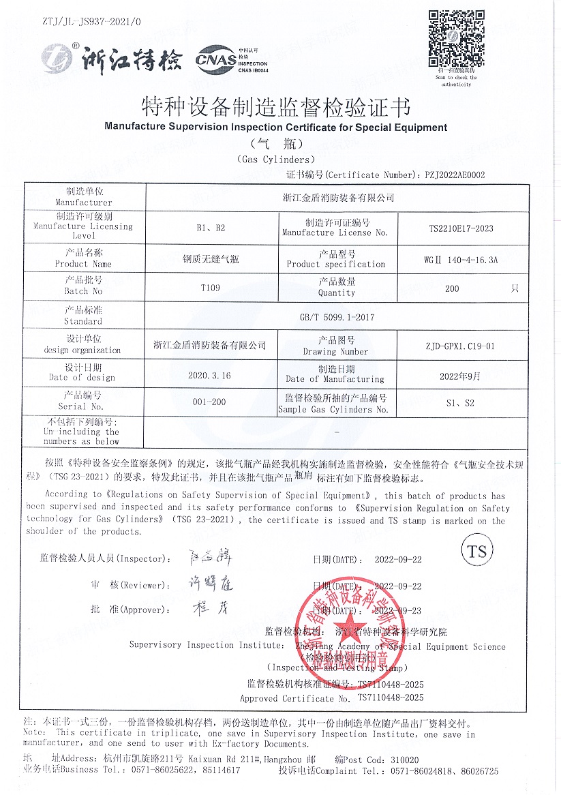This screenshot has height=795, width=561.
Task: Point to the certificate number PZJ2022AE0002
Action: (455, 175)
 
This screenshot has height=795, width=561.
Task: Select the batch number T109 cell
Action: (210, 288)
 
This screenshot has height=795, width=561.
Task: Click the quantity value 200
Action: (451, 288)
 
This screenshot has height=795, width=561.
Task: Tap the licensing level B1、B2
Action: (210, 228)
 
